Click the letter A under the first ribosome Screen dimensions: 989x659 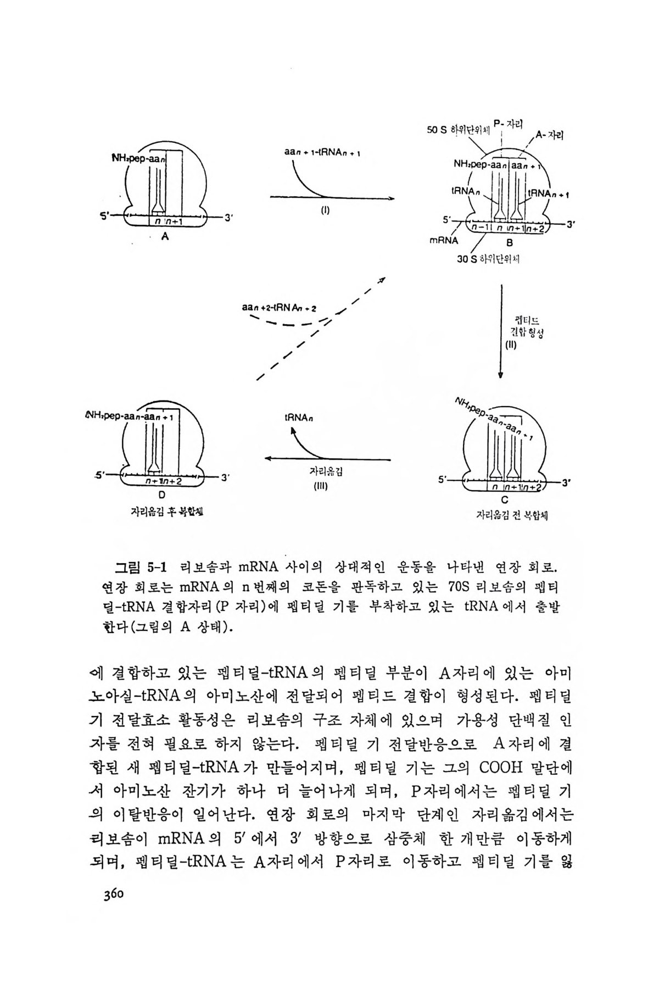click(164, 237)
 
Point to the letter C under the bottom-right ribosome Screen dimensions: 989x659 click(504, 500)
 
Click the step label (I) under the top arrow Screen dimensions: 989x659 click(325, 209)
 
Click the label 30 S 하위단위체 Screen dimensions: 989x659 click(488, 259)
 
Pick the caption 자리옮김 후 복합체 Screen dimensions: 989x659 click(162, 512)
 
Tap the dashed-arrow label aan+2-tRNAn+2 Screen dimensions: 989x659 click(279, 308)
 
